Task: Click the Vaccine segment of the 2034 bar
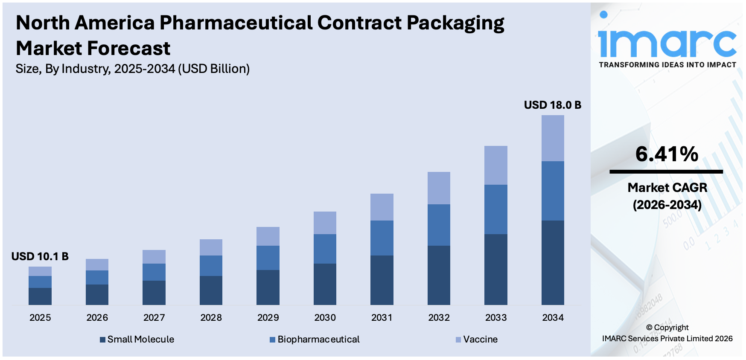pyautogui.click(x=553, y=138)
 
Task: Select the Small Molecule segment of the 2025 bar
pyautogui.click(x=40, y=296)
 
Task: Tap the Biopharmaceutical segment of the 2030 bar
pyautogui.click(x=325, y=249)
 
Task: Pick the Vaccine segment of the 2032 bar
pyautogui.click(x=439, y=188)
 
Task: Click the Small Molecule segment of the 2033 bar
pyautogui.click(x=496, y=269)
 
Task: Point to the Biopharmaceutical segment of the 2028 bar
pyautogui.click(x=211, y=265)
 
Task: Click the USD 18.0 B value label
pyautogui.click(x=552, y=105)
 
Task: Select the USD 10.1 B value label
pyautogui.click(x=40, y=256)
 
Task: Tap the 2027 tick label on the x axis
pyautogui.click(x=154, y=318)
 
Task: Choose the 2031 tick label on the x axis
pyautogui.click(x=382, y=318)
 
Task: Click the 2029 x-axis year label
pyautogui.click(x=268, y=318)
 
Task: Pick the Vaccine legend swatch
pyautogui.click(x=458, y=340)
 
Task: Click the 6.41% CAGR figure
pyautogui.click(x=667, y=154)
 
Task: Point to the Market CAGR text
pyautogui.click(x=667, y=188)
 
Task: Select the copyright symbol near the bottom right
pyautogui.click(x=649, y=328)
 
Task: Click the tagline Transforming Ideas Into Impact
pyautogui.click(x=667, y=65)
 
